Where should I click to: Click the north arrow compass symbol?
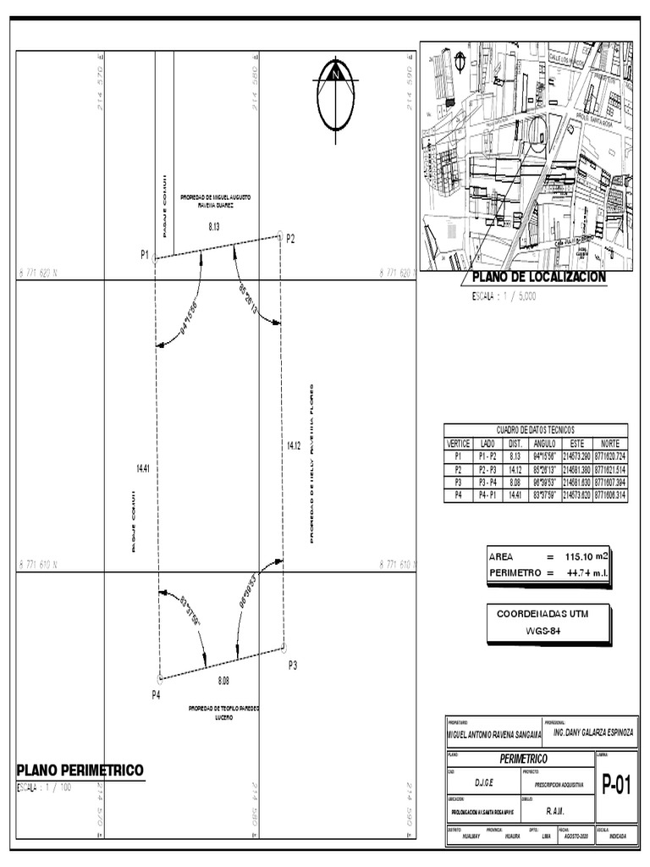336,94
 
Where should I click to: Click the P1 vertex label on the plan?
145,255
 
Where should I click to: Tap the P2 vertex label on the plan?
290,239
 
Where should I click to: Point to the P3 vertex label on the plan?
293,665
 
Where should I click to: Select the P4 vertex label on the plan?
156,694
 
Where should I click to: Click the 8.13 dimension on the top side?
214,227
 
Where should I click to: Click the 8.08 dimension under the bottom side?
223,681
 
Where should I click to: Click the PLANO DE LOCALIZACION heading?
538,277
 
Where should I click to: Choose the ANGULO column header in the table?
545,443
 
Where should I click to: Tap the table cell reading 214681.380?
576,469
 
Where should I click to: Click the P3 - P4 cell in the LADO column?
487,482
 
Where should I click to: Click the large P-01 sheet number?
616,786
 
